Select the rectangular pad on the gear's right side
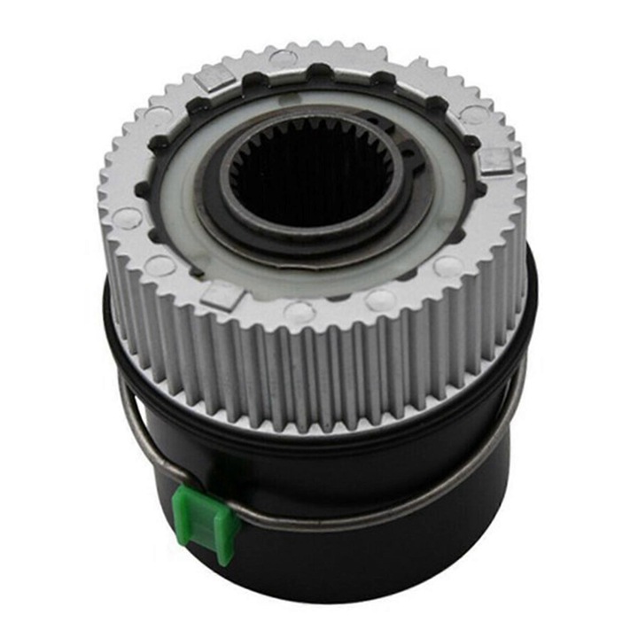click(x=495, y=161)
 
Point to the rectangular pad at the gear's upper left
click(x=215, y=81)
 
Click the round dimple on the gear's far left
click(x=128, y=216)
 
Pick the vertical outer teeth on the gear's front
click(x=310, y=372)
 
